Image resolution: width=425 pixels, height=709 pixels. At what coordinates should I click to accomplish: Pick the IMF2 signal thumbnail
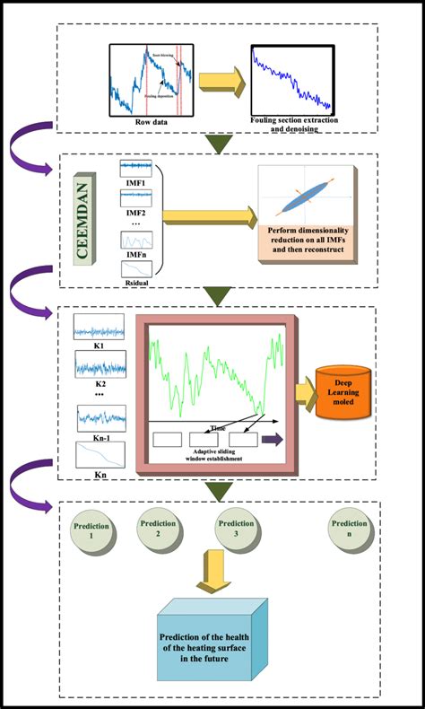(x=136, y=199)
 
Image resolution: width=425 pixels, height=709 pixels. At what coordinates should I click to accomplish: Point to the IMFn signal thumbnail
(x=136, y=241)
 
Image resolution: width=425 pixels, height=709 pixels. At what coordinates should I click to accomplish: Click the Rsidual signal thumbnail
(x=136, y=269)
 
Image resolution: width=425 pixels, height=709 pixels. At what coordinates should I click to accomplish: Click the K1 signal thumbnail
(x=100, y=326)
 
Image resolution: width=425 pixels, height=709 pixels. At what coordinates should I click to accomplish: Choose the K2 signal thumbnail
(x=100, y=364)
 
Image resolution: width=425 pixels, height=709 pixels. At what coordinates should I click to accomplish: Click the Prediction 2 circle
(x=158, y=530)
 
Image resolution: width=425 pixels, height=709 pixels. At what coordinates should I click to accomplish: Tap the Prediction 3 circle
(x=236, y=530)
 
